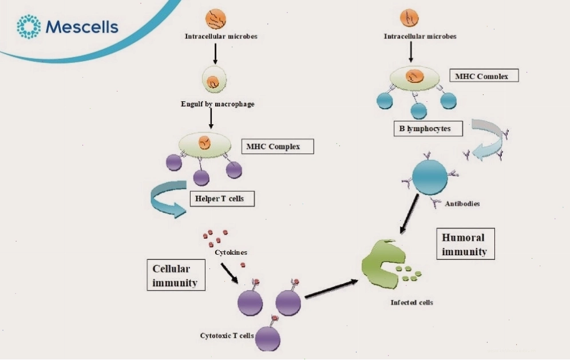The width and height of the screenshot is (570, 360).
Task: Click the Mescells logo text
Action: [x=82, y=27]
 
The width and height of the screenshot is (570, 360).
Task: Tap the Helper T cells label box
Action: [x=222, y=199]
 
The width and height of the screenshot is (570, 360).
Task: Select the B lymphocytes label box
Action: [x=428, y=128]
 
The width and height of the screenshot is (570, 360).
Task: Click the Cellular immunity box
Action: [x=176, y=275]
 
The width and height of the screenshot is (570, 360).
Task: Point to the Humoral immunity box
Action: [x=465, y=244]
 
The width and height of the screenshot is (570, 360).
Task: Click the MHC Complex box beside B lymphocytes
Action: [x=484, y=76]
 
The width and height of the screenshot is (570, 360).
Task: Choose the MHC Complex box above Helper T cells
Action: [x=278, y=146]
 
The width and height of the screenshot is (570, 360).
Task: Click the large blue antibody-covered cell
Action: [x=430, y=177]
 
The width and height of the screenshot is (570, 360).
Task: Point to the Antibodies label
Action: [x=462, y=204]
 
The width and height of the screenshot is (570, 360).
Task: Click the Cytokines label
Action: [x=231, y=252]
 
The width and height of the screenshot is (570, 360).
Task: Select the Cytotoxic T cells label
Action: [x=227, y=335]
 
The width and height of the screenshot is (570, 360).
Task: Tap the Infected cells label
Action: [x=412, y=302]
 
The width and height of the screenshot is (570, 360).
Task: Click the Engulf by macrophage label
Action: [x=217, y=104]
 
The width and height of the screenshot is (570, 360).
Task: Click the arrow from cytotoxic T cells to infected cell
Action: [x=331, y=288]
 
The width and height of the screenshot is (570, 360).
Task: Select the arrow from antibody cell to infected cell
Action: [x=409, y=214]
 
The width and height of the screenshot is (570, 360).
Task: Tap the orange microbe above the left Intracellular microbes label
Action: [x=216, y=19]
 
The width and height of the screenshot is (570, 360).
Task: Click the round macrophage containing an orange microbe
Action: [x=214, y=80]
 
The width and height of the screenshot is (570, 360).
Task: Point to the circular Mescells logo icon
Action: [x=29, y=26]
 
